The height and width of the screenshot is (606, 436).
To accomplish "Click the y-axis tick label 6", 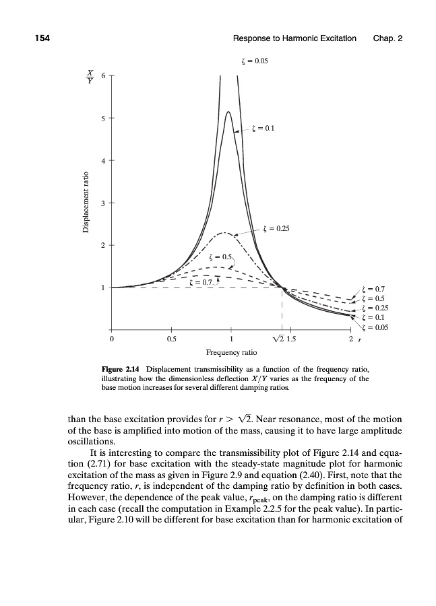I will [x=102, y=75].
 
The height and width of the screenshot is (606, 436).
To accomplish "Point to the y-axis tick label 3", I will [x=102, y=202].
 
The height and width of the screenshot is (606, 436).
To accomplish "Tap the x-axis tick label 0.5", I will [x=172, y=339].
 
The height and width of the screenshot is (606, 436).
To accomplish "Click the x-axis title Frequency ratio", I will [x=230, y=352].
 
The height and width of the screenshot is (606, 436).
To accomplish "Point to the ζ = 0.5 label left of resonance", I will [x=220, y=257].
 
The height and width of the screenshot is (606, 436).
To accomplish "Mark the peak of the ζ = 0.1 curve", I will [x=228, y=112].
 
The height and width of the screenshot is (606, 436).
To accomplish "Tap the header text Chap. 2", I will [x=387, y=38].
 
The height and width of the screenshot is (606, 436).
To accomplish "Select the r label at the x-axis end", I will [x=359, y=340].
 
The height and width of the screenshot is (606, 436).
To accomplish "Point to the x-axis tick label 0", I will [x=112, y=339].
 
